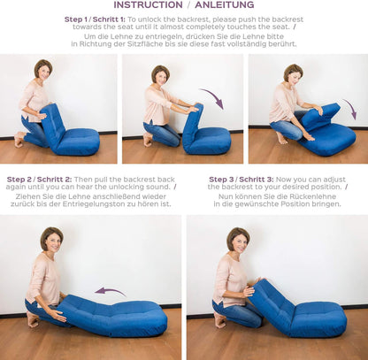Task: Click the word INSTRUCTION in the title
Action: point(149,5)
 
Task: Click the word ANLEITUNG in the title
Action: point(223,5)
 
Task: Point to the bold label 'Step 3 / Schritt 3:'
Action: point(241,179)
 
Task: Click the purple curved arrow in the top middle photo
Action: point(211,97)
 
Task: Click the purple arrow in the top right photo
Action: point(349,109)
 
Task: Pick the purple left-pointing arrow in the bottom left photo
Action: point(110,291)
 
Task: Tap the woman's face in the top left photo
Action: point(43,71)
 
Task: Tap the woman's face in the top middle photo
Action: point(161,76)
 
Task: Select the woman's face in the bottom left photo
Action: point(52,241)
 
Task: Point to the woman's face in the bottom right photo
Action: point(239,241)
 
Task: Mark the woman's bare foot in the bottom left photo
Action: point(33,318)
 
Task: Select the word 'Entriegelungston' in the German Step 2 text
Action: point(123,203)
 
